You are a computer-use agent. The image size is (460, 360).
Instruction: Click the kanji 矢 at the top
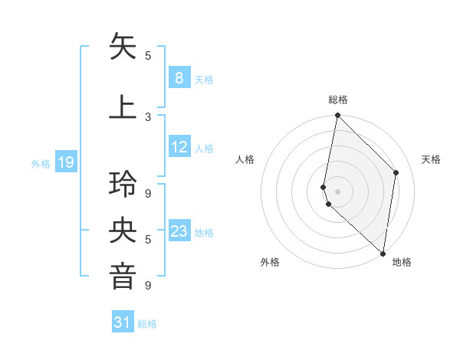click(x=123, y=47)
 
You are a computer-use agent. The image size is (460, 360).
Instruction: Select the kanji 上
click(x=123, y=106)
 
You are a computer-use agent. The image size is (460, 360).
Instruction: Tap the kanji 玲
click(x=123, y=185)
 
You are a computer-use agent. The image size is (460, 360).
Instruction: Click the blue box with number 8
click(x=179, y=78)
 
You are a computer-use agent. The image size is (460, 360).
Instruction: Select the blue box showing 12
click(x=179, y=147)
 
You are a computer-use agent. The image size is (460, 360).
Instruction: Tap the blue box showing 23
click(x=179, y=231)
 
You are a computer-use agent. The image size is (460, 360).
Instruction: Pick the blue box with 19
click(x=66, y=162)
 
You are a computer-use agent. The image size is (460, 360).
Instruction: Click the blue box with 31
click(x=123, y=322)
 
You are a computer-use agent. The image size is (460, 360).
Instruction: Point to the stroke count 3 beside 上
click(x=149, y=116)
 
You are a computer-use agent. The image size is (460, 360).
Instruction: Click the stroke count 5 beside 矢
click(x=149, y=55)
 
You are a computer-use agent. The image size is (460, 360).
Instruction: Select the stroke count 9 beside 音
click(x=149, y=285)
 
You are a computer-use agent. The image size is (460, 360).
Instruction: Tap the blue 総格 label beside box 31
click(x=147, y=324)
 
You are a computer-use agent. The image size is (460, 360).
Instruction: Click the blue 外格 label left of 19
click(x=40, y=163)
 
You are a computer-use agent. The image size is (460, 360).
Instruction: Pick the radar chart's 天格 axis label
click(x=431, y=159)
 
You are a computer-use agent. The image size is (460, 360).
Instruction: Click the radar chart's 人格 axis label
click(x=245, y=159)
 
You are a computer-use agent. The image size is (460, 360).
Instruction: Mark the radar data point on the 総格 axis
click(x=337, y=116)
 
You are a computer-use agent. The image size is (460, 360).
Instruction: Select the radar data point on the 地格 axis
click(x=383, y=253)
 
